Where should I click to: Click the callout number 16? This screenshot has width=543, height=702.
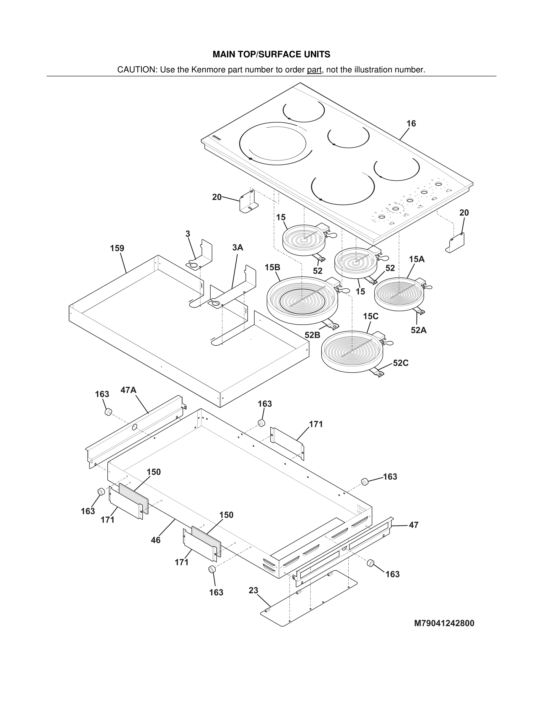tap(411, 123)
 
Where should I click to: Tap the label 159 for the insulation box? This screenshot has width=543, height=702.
tap(117, 248)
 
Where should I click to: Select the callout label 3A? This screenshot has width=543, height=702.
tap(237, 248)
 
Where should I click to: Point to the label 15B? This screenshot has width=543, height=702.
tap(272, 267)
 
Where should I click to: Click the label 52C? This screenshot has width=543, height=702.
tap(400, 363)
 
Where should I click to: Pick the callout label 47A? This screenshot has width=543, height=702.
tap(128, 390)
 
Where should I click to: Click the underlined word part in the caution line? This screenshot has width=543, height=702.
tap(314, 70)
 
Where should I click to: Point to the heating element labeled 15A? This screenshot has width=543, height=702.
tap(399, 294)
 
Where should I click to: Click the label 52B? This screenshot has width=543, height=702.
tap(312, 335)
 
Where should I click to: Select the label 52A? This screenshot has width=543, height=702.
tap(418, 330)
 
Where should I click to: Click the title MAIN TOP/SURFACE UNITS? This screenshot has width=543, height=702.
tap(271, 54)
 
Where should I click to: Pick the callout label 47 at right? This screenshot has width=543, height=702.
tap(413, 525)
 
